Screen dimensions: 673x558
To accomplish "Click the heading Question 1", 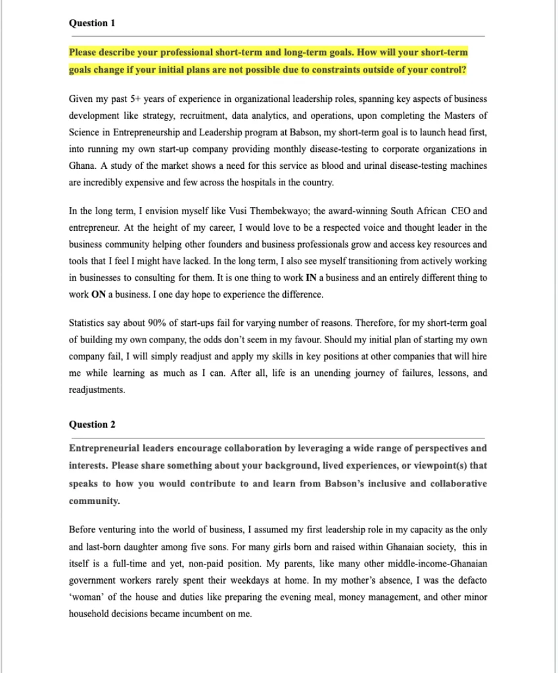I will pos(92,23).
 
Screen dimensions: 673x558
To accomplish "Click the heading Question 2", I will pos(92,425).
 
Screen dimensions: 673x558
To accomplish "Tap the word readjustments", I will pos(97,390).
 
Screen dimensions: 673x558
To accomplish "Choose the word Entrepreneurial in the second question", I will pos(105,449).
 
